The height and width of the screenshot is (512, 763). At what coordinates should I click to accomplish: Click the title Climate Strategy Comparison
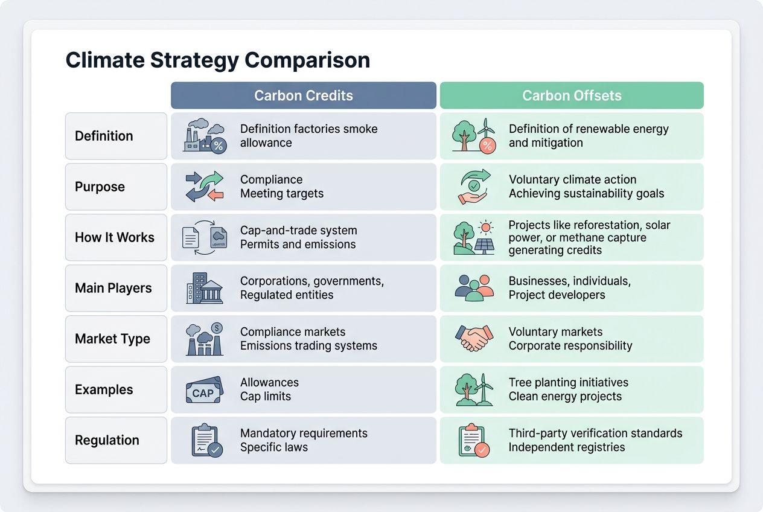[217, 60]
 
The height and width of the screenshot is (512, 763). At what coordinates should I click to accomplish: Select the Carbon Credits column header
[303, 95]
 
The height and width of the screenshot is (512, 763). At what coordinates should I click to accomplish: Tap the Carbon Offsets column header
[572, 95]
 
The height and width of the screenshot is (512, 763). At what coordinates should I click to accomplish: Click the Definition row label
[104, 136]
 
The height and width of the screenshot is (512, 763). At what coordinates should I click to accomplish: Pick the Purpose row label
[100, 187]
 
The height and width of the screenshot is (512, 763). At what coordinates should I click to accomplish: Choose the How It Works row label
[115, 237]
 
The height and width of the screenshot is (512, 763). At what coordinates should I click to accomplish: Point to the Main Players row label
[113, 288]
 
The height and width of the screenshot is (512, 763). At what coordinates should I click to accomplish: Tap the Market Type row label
[112, 339]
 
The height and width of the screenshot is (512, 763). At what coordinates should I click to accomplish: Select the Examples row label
[104, 389]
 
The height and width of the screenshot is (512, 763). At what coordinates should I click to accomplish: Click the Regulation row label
[107, 440]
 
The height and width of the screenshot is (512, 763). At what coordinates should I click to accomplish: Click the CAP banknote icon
[203, 391]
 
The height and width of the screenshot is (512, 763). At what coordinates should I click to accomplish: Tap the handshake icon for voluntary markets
[474, 339]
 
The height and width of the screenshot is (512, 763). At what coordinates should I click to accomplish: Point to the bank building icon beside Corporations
[204, 289]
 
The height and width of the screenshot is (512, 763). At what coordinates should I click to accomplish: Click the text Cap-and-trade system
[298, 231]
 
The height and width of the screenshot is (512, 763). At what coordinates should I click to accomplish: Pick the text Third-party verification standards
[595, 434]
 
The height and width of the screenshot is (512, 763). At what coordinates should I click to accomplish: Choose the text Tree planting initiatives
[568, 383]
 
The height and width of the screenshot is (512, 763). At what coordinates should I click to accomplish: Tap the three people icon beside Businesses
[474, 288]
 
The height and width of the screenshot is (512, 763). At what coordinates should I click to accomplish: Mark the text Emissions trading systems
[308, 346]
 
